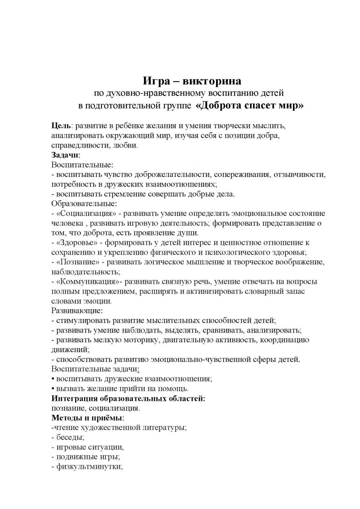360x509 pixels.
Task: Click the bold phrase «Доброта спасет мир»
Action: [x=250, y=106]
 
